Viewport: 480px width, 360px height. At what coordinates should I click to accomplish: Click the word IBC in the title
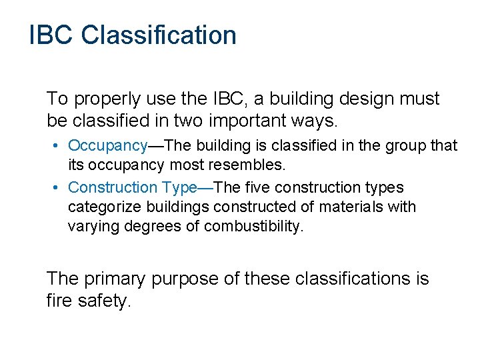[x=51, y=35]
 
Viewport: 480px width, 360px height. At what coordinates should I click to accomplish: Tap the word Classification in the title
[x=159, y=35]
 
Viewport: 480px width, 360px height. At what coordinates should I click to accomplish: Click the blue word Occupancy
[x=107, y=145]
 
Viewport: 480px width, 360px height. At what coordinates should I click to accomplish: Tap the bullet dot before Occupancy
[x=59, y=146]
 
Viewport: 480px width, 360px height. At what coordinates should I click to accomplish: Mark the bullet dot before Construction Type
[x=59, y=189]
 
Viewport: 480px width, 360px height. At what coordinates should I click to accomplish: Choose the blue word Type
[x=178, y=188]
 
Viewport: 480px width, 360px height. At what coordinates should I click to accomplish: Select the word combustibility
[x=253, y=226]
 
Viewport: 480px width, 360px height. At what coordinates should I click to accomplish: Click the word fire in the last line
[x=58, y=301]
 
